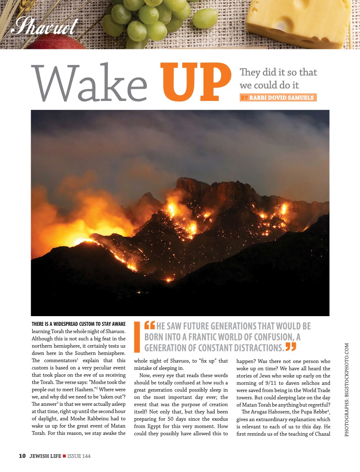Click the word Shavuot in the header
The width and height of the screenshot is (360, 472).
point(44,26)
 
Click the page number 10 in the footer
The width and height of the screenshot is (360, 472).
point(22,456)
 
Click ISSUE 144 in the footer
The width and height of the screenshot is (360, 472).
point(79,456)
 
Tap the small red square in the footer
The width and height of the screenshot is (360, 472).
point(64,456)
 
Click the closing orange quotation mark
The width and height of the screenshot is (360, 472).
point(291,346)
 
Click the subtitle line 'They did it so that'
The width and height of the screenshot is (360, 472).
point(278,73)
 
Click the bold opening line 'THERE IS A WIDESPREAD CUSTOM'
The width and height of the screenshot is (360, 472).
point(79,324)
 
